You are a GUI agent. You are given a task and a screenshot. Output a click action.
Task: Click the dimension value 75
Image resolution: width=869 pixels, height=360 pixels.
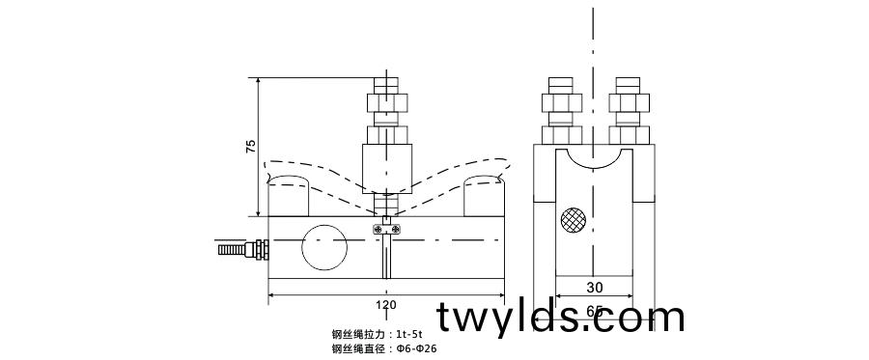(251, 147)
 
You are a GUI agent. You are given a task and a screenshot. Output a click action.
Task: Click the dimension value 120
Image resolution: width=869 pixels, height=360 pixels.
(385, 305)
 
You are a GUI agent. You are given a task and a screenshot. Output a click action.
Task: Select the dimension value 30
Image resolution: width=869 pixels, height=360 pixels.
(594, 287)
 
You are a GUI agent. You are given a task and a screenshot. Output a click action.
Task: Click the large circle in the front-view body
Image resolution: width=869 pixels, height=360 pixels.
(323, 248)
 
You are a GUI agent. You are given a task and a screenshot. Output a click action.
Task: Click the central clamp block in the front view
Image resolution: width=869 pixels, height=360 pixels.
(386, 167)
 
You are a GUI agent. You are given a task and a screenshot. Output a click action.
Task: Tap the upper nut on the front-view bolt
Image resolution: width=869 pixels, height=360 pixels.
(386, 101)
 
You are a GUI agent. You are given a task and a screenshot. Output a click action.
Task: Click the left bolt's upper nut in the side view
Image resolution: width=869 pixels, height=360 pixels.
(560, 101)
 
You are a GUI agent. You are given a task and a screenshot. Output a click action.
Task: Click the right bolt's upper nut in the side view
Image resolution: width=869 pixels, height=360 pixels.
(628, 101)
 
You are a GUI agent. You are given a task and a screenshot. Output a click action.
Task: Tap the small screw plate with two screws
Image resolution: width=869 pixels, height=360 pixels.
(386, 229)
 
